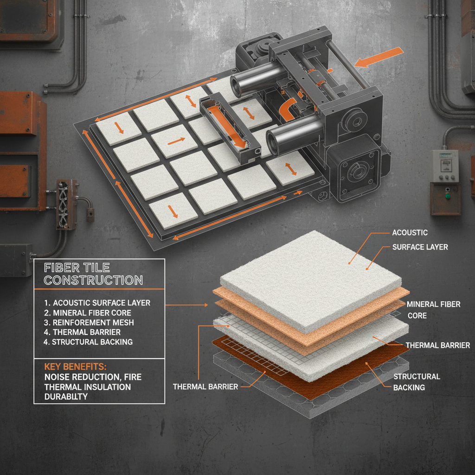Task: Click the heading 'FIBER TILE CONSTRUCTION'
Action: coord(93,274)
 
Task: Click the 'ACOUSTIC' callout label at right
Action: coord(410,232)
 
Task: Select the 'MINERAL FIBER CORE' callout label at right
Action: coord(433,309)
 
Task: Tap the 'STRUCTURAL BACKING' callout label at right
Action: coord(416,381)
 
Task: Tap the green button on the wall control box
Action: coord(448,195)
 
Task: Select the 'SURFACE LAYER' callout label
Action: coord(420,247)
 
